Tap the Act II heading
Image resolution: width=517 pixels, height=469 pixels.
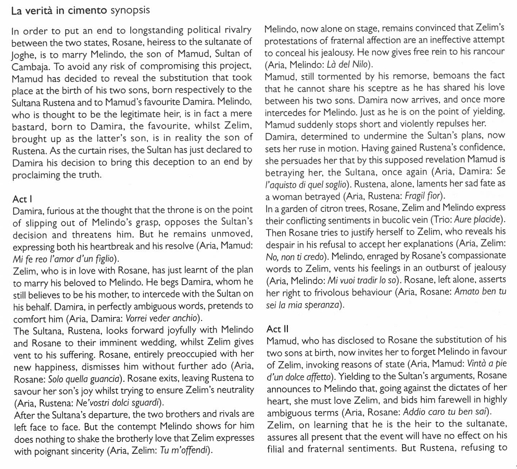pos(277,329)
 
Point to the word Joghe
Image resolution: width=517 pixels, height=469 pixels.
pos(24,53)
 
